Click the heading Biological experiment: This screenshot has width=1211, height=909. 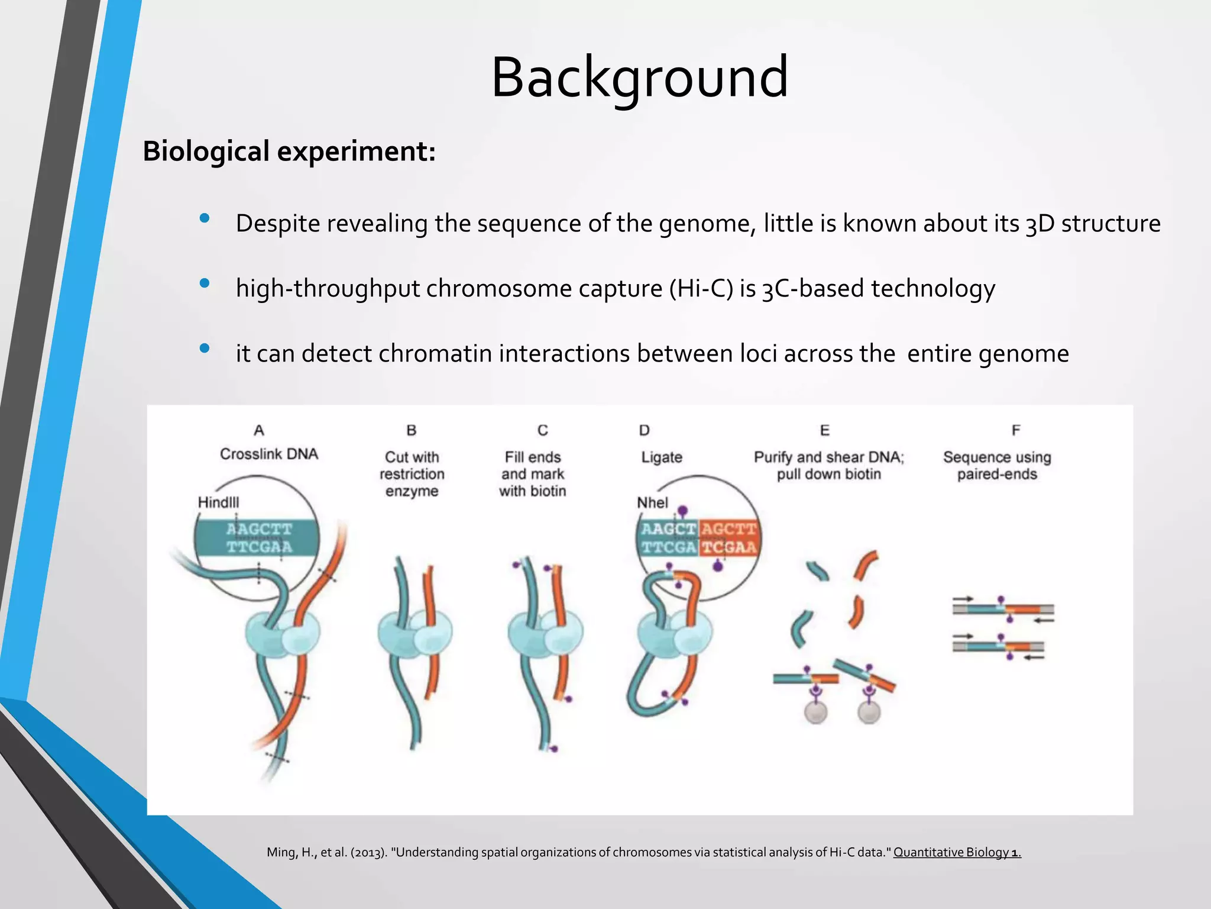pyautogui.click(x=289, y=151)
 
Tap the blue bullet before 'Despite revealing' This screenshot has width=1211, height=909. pyautogui.click(x=205, y=218)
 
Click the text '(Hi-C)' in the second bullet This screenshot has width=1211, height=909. pyautogui.click(x=701, y=288)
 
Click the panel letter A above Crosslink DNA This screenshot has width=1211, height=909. pyautogui.click(x=258, y=430)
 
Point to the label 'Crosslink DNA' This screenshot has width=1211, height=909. pyautogui.click(x=269, y=454)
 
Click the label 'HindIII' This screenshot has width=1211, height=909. pyautogui.click(x=218, y=502)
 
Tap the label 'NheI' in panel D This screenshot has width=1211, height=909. pyautogui.click(x=652, y=502)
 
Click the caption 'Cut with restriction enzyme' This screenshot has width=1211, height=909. pyautogui.click(x=412, y=474)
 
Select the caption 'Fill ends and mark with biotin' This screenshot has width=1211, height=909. pyautogui.click(x=532, y=474)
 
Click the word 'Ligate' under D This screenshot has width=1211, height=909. pyautogui.click(x=662, y=457)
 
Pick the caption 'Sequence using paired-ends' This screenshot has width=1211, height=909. pyautogui.click(x=997, y=466)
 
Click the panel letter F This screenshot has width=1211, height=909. pyautogui.click(x=1015, y=430)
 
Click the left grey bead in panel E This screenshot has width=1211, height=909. pyautogui.click(x=816, y=713)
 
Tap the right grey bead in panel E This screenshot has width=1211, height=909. pyautogui.click(x=869, y=713)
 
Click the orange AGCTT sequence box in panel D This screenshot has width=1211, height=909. pyautogui.click(x=728, y=537)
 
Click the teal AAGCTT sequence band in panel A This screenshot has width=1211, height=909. pyautogui.click(x=258, y=537)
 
